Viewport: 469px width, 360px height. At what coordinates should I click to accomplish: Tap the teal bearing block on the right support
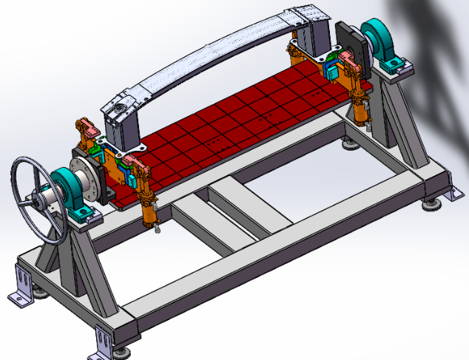(x=385, y=44)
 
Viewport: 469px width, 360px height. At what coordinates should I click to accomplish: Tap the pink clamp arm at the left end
(x=87, y=130)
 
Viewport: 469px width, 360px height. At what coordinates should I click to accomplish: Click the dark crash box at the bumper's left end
(x=123, y=119)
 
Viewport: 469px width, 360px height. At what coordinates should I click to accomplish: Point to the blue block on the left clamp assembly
(x=130, y=177)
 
